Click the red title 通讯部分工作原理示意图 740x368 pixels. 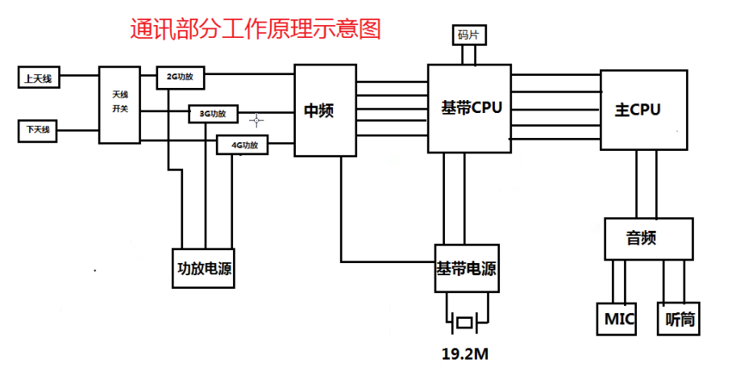(x=255, y=29)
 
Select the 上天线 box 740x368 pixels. (x=39, y=78)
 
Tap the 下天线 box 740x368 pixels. (x=38, y=129)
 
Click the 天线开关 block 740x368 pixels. (x=119, y=104)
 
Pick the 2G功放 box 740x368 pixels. (x=180, y=77)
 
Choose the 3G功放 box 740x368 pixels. (x=213, y=114)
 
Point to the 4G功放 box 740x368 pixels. (x=243, y=145)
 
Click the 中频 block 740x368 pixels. (x=325, y=111)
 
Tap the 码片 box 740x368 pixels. (x=468, y=36)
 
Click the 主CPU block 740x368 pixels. (x=644, y=109)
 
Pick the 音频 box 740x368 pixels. (x=648, y=239)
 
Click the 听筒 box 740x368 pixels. (x=680, y=320)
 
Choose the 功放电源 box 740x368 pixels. (x=205, y=269)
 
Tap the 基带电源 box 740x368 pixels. (x=466, y=269)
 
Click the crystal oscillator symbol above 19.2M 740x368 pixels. (x=465, y=323)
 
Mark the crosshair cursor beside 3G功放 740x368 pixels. (x=257, y=120)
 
